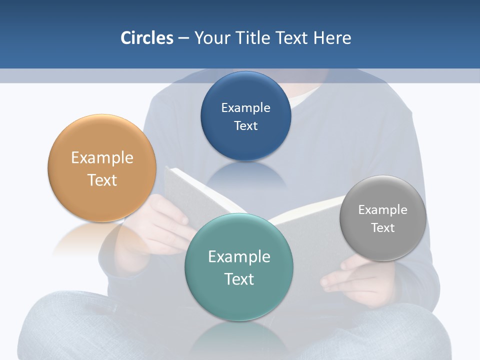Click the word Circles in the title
click(x=146, y=37)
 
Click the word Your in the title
click(x=210, y=38)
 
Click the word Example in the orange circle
click(x=102, y=157)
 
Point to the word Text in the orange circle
click(x=102, y=180)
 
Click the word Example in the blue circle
click(x=245, y=107)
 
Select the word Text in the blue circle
click(x=245, y=125)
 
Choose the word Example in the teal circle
click(x=239, y=256)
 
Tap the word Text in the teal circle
click(x=239, y=279)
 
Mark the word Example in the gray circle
click(x=382, y=209)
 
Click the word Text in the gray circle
click(x=382, y=227)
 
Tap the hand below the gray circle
click(x=350, y=277)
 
